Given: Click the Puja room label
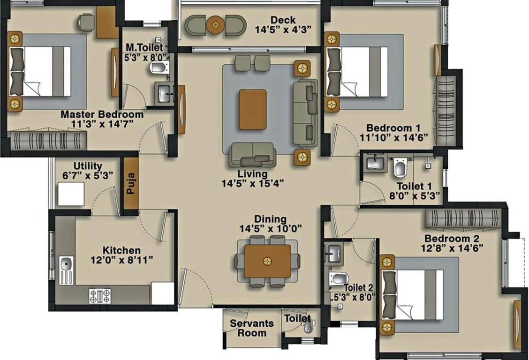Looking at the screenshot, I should coord(130,183).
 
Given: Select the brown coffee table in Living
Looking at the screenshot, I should coord(252,109).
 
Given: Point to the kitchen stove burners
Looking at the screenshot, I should coord(100,296).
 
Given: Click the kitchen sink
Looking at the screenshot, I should coord(66,270).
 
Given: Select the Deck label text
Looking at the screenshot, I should coord(283,20).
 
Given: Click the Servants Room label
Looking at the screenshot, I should coord(252,328).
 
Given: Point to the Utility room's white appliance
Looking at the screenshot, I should coord(71,194).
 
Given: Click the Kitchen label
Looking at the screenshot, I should coord(122,251).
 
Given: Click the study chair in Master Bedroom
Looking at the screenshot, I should coord(86,21).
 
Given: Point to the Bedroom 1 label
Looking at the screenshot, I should coord(393,128).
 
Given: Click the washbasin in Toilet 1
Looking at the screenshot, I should coord(375,164).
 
